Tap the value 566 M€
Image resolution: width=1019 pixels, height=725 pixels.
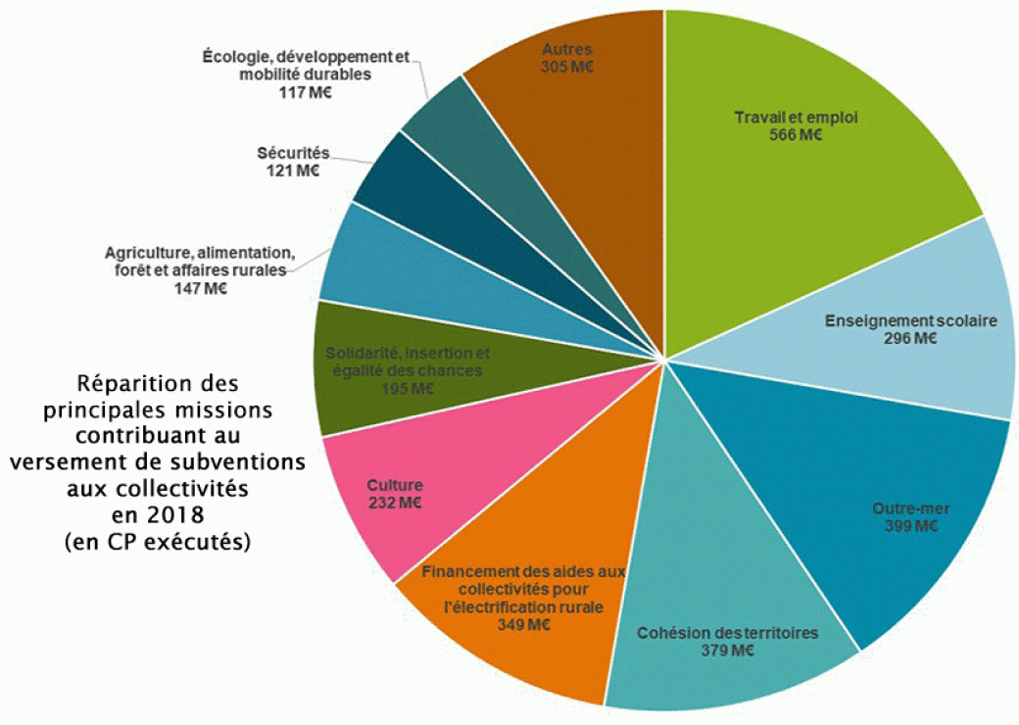(796, 135)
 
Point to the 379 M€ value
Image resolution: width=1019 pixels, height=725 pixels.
(727, 650)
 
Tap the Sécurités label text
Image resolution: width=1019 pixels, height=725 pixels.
(293, 153)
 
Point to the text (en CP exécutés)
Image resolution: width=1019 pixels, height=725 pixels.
(157, 540)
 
